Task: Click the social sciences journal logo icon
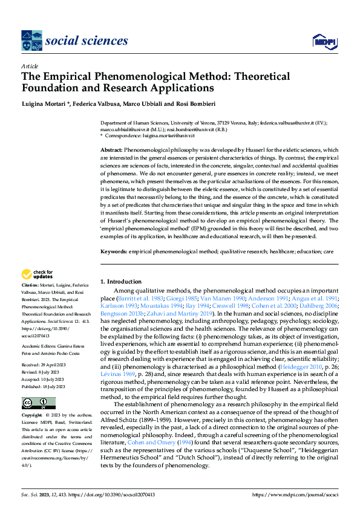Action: (x=31, y=41)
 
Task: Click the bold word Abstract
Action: (x=111, y=149)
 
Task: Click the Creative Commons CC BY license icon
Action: (x=38, y=403)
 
